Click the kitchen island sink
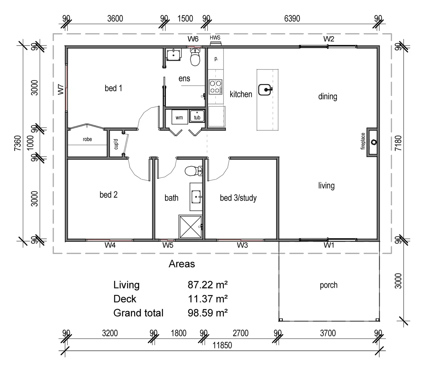click(x=265, y=90)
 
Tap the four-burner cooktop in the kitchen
click(x=216, y=87)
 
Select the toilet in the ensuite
click(x=195, y=57)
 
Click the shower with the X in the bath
click(x=191, y=227)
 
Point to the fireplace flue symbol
click(x=374, y=142)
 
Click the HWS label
click(x=215, y=38)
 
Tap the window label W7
click(x=61, y=89)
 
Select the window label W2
click(x=329, y=39)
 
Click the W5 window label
click(x=168, y=245)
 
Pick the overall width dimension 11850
click(x=222, y=345)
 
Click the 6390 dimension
click(x=292, y=19)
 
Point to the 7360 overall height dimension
click(x=18, y=143)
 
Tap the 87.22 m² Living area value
click(x=207, y=285)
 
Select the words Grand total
click(x=138, y=313)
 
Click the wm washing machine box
click(x=179, y=117)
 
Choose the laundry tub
click(x=197, y=116)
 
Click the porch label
click(x=328, y=285)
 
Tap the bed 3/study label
click(x=238, y=198)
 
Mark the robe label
click(x=87, y=139)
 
